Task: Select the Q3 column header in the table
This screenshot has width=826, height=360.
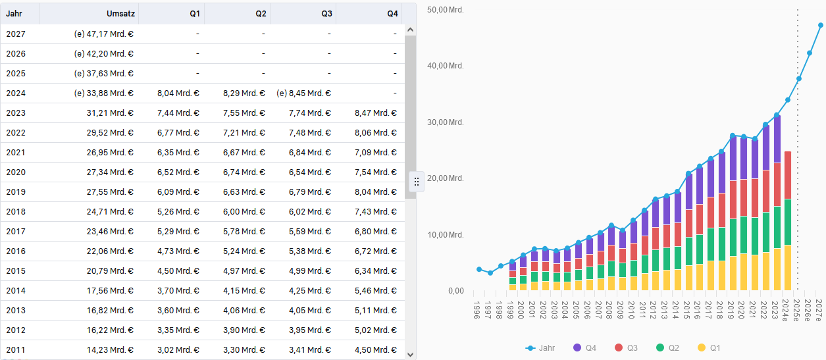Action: [x=326, y=14]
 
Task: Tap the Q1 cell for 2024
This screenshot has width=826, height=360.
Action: [x=178, y=93]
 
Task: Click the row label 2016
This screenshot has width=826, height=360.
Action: [x=16, y=251]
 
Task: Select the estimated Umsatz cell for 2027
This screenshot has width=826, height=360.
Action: [x=104, y=34]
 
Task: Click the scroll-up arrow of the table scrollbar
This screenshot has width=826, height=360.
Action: [x=410, y=30]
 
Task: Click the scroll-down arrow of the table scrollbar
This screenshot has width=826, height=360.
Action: [x=410, y=354]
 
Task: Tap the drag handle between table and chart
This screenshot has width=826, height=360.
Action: [x=417, y=181]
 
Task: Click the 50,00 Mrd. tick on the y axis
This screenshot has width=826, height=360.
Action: [x=446, y=10]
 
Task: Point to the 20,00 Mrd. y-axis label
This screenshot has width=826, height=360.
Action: [x=446, y=178]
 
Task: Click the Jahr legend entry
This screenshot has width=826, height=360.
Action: [x=540, y=347]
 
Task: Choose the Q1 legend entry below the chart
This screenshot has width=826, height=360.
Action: [x=709, y=347]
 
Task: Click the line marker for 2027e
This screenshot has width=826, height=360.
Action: [x=821, y=26]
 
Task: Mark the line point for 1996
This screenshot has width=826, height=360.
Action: [x=479, y=269]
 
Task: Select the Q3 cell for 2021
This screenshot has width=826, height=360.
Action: [x=310, y=152]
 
